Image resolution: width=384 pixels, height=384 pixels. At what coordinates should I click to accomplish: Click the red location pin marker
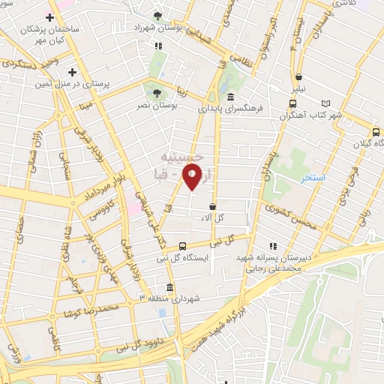(x=193, y=178)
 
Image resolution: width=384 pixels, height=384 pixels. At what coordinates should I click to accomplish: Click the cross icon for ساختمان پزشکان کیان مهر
(x=50, y=16)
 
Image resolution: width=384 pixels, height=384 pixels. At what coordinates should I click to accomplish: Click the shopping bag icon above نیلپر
(x=299, y=77)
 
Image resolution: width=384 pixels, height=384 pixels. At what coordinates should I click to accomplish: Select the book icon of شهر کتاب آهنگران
(x=325, y=103)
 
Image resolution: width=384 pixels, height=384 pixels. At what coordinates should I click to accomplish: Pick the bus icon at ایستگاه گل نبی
(x=183, y=245)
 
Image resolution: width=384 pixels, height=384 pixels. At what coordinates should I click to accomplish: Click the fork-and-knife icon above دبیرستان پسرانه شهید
(x=273, y=245)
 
